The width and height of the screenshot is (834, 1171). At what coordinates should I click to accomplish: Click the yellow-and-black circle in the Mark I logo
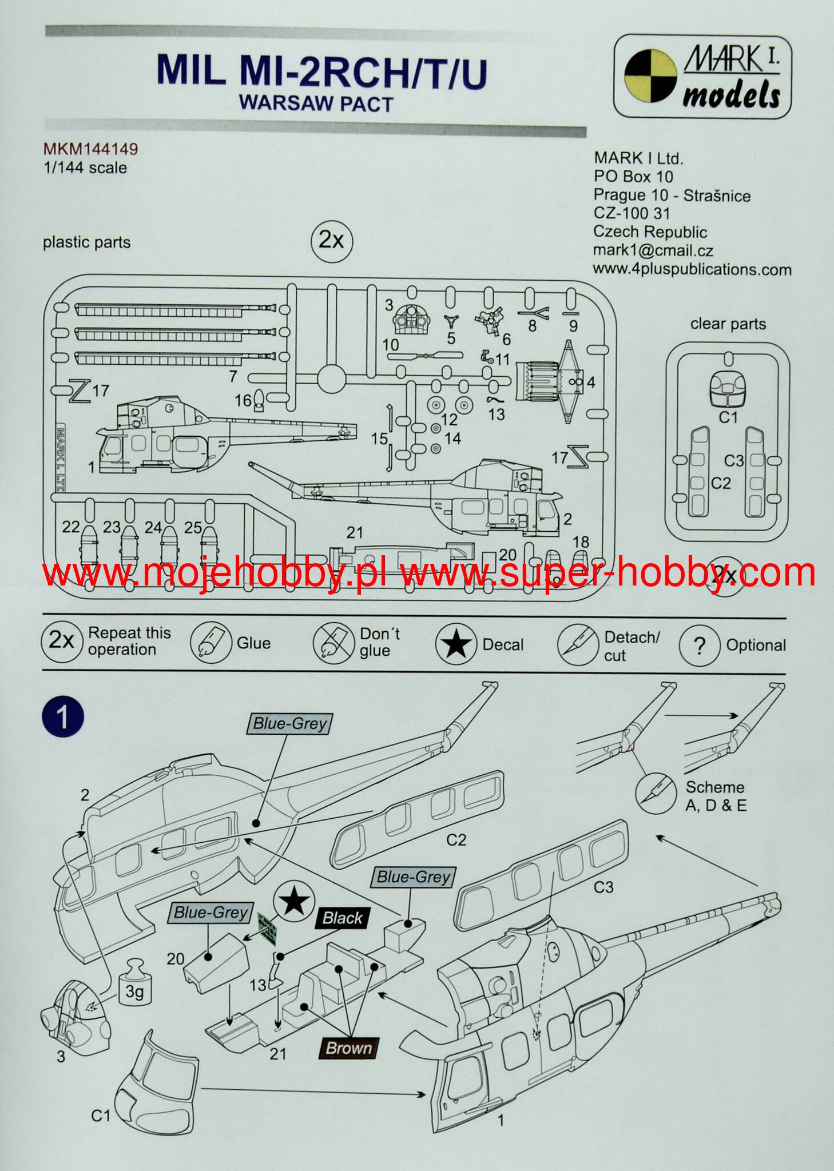tap(650, 75)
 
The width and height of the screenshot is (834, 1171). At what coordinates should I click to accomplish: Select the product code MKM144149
tap(90, 149)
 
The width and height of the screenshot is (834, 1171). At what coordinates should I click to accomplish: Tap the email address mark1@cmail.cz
tap(653, 250)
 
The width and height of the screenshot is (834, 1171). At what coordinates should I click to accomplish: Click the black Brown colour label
tap(348, 1048)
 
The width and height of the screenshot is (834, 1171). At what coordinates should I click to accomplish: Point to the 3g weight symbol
tap(134, 989)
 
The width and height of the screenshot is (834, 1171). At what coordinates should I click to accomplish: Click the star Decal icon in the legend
tap(455, 644)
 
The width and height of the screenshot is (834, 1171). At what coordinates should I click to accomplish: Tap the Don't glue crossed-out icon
tap(333, 644)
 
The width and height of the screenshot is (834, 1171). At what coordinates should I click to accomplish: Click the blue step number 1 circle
tap(63, 716)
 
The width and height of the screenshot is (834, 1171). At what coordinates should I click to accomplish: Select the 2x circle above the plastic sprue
tap(332, 240)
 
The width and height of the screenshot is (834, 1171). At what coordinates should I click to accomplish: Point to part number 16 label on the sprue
tap(243, 401)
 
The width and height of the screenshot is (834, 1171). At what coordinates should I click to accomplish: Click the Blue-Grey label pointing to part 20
tap(211, 912)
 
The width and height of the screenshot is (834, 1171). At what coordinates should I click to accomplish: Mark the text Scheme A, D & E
tap(716, 796)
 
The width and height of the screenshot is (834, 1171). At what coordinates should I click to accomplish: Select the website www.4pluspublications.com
tap(692, 269)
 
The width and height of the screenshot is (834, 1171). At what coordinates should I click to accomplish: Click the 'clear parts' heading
tap(728, 324)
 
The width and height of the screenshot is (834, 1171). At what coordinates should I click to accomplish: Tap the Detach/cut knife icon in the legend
tap(578, 645)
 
